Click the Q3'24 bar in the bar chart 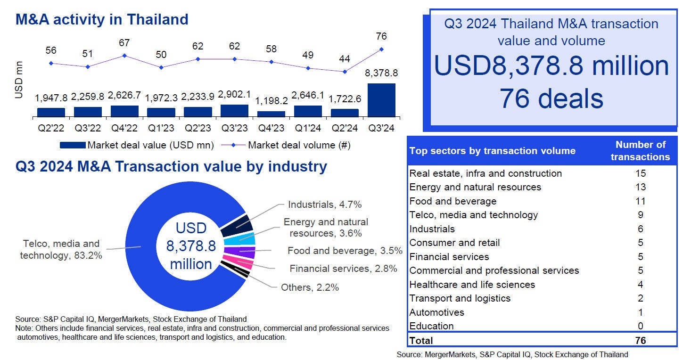click(x=381, y=100)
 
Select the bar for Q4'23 click(x=271, y=114)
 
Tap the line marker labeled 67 click(x=124, y=55)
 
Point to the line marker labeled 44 click(x=345, y=72)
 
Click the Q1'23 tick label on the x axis click(x=161, y=128)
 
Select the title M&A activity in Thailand click(x=102, y=19)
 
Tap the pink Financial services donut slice click(x=243, y=262)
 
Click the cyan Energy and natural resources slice click(x=246, y=238)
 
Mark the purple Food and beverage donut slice click(x=246, y=252)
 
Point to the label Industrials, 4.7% click(x=325, y=205)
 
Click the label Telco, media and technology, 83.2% click(x=61, y=250)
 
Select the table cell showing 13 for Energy click(x=640, y=187)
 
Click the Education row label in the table click(x=431, y=326)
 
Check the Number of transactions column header click(x=640, y=151)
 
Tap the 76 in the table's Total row click(x=640, y=340)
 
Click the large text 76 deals click(x=551, y=99)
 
